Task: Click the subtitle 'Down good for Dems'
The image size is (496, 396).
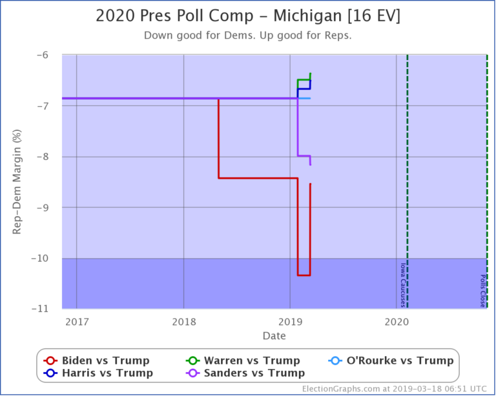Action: (248, 35)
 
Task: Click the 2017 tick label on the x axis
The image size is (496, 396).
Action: (77, 321)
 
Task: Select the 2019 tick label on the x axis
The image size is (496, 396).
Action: (290, 321)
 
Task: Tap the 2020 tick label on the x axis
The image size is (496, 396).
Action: (397, 321)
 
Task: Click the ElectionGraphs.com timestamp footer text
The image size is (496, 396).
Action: (394, 389)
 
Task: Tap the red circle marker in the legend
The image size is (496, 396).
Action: (49, 361)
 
